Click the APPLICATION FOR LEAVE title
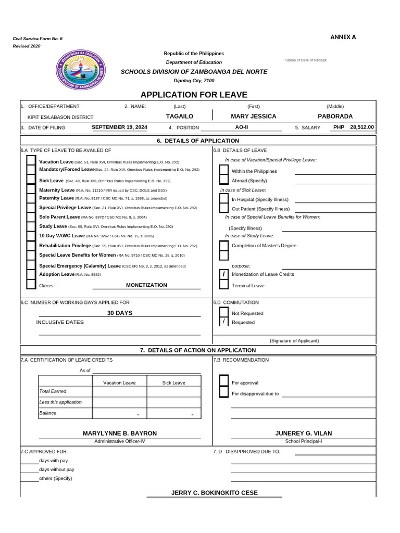point(194,95)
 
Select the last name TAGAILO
point(179,116)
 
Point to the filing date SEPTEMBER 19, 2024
point(119,127)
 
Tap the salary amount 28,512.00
point(362,127)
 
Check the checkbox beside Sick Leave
point(31,180)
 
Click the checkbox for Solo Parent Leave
point(31,217)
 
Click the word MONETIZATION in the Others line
point(146,285)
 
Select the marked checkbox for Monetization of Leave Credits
point(224,274)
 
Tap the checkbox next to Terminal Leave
point(224,285)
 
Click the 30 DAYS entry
point(120,313)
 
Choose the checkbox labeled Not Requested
point(224,313)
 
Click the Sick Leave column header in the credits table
point(173,383)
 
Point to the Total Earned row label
point(53,391)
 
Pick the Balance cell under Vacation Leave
point(119,413)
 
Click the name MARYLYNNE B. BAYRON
point(120,433)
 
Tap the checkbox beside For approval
point(224,382)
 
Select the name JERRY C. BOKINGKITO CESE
point(215,492)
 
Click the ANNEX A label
point(343,37)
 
